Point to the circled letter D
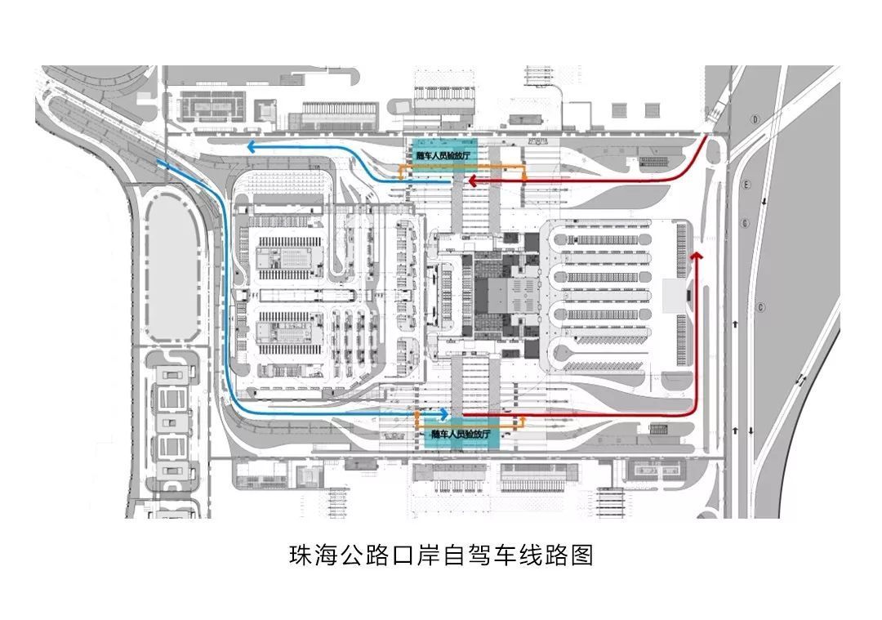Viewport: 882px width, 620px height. point(756,119)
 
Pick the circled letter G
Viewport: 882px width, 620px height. point(745,223)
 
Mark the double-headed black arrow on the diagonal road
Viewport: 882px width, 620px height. point(802,381)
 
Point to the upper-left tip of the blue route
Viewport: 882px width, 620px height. point(160,163)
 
